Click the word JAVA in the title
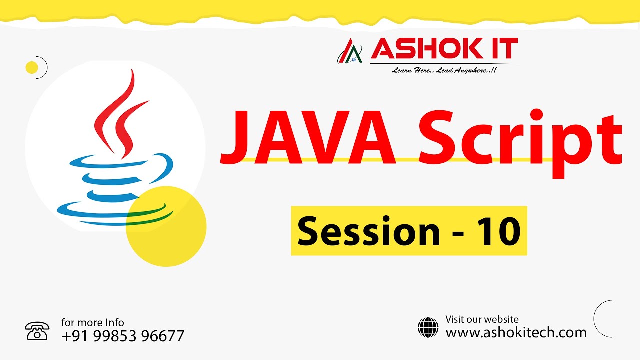coord(308,138)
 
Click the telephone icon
coord(37,331)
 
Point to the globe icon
coord(428,327)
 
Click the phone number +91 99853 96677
coord(123,336)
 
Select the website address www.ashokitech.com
coord(516,332)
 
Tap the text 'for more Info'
coord(93,322)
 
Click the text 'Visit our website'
coord(482,319)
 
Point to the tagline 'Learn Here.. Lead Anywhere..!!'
coord(444,70)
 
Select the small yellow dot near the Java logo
coord(32,67)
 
